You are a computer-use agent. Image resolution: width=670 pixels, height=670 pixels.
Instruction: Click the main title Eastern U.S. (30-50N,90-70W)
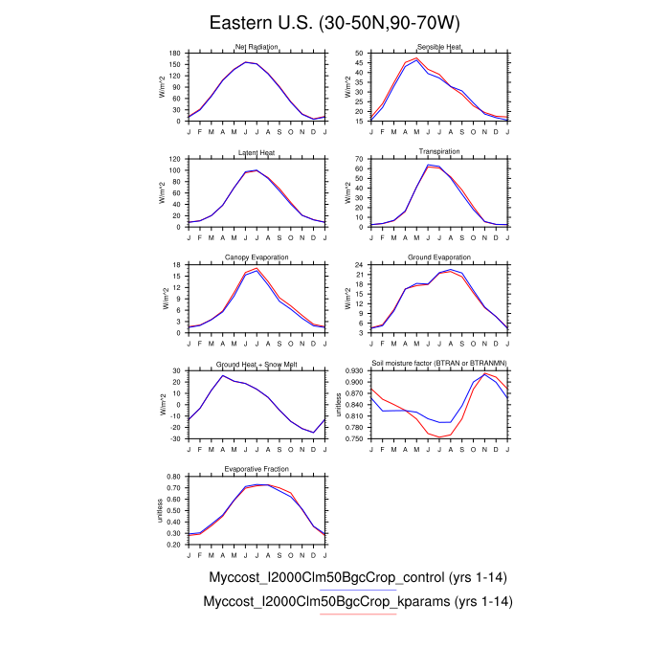coord(336,22)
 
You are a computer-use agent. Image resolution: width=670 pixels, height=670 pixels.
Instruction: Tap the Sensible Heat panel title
coord(439,48)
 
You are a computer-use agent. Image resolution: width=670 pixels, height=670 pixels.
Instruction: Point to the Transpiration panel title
coord(439,152)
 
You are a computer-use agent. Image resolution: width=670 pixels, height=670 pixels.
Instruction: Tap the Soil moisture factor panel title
coord(439,364)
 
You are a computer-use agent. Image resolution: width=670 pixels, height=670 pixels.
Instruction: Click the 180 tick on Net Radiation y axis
coord(175,54)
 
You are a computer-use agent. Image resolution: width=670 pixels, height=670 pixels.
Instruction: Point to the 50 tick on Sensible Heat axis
coord(360,54)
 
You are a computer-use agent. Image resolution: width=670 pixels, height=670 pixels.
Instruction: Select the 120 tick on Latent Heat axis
coord(175,159)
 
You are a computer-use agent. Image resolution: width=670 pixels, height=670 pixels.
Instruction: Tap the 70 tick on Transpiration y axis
coord(360,159)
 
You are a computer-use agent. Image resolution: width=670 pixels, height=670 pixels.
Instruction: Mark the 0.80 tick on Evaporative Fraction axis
coord(173,475)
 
